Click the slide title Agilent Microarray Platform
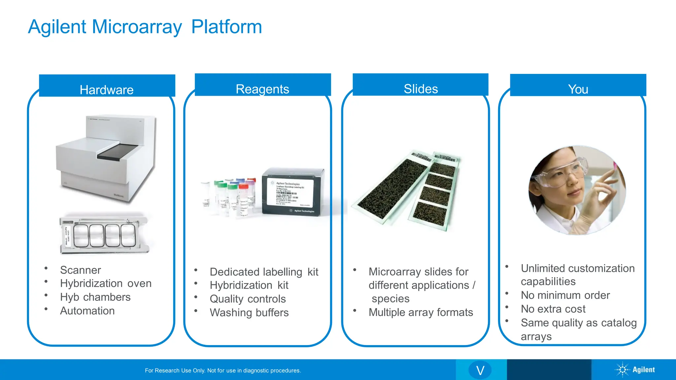(x=145, y=27)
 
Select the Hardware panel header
(x=107, y=89)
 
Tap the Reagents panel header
(x=262, y=89)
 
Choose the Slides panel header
(x=421, y=88)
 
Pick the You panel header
(x=578, y=89)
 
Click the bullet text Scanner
(x=81, y=270)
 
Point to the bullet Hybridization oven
(x=106, y=283)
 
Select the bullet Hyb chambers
(x=95, y=297)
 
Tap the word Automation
(x=87, y=311)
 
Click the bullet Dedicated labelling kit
(x=264, y=272)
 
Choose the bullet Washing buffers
(x=249, y=312)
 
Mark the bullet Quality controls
(x=248, y=299)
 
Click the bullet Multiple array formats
(x=421, y=312)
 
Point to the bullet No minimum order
(x=565, y=295)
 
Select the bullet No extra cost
(x=553, y=309)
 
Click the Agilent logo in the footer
(x=635, y=370)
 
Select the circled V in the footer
(x=480, y=370)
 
